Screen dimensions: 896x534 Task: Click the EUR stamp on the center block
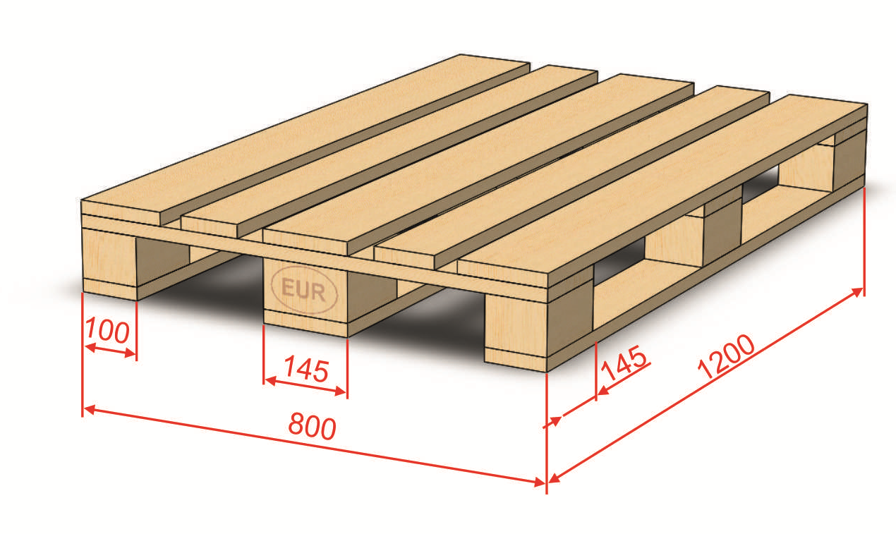[x=305, y=290]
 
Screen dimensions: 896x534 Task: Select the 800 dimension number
[x=312, y=427]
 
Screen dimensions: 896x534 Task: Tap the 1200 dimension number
[x=726, y=356]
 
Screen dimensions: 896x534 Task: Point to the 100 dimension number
[x=107, y=331]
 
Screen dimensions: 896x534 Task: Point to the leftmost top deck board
[x=305, y=139]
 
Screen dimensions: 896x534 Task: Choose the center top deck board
[x=478, y=164]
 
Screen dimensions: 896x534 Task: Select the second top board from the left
[x=389, y=151]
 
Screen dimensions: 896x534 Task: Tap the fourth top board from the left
[x=572, y=177]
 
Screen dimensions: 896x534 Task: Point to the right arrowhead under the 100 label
[x=131, y=353]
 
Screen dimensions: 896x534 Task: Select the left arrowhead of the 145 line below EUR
[x=270, y=380]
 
